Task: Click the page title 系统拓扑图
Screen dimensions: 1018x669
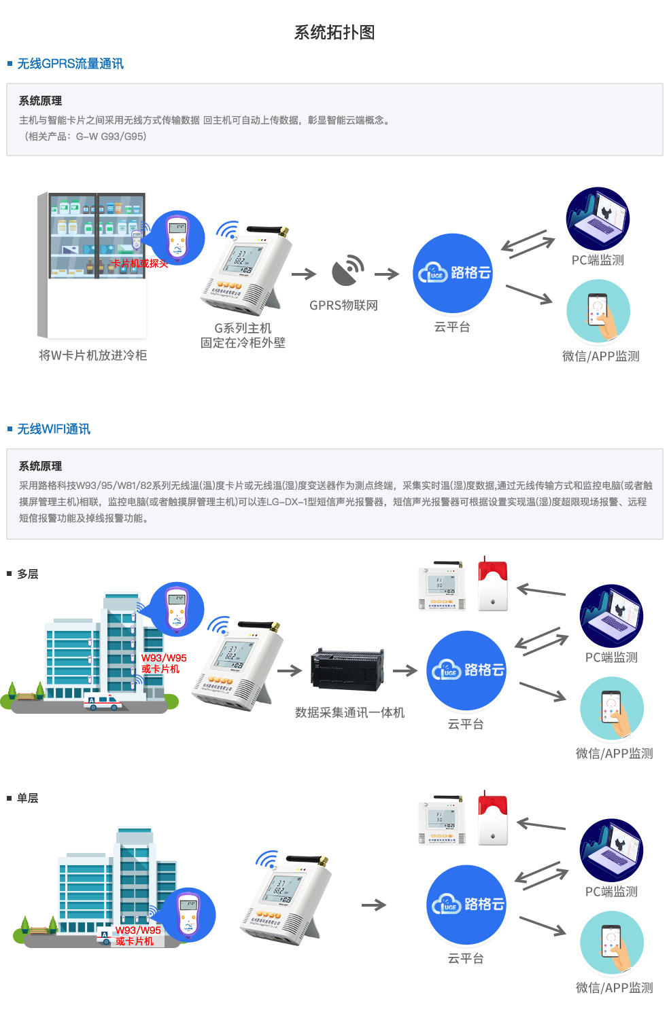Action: pyautogui.click(x=334, y=33)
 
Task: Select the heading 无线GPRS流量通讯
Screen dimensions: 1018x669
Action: pyautogui.click(x=70, y=64)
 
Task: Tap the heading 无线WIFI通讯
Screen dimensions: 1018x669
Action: pyautogui.click(x=53, y=429)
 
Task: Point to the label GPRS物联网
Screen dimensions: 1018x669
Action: pyautogui.click(x=343, y=306)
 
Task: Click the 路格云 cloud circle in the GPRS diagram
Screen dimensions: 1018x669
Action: pyautogui.click(x=453, y=273)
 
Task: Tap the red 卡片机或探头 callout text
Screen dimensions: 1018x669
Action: pyautogui.click(x=139, y=263)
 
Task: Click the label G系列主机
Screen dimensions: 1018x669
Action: pyautogui.click(x=243, y=328)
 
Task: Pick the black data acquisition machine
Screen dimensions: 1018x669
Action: pyautogui.click(x=347, y=669)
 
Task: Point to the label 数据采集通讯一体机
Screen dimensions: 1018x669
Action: pyautogui.click(x=349, y=712)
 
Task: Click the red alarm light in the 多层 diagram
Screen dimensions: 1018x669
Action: pyautogui.click(x=493, y=585)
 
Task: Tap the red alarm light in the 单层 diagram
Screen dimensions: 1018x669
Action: pyautogui.click(x=493, y=819)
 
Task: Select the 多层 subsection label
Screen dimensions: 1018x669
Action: pyautogui.click(x=27, y=574)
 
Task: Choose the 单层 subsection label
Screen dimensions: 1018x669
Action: pyautogui.click(x=27, y=798)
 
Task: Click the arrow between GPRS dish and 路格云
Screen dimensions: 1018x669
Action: pyautogui.click(x=387, y=274)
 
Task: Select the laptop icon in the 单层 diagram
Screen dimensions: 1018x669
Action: pyautogui.click(x=611, y=850)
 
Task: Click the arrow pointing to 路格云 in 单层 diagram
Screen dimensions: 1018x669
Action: pyautogui.click(x=374, y=905)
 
